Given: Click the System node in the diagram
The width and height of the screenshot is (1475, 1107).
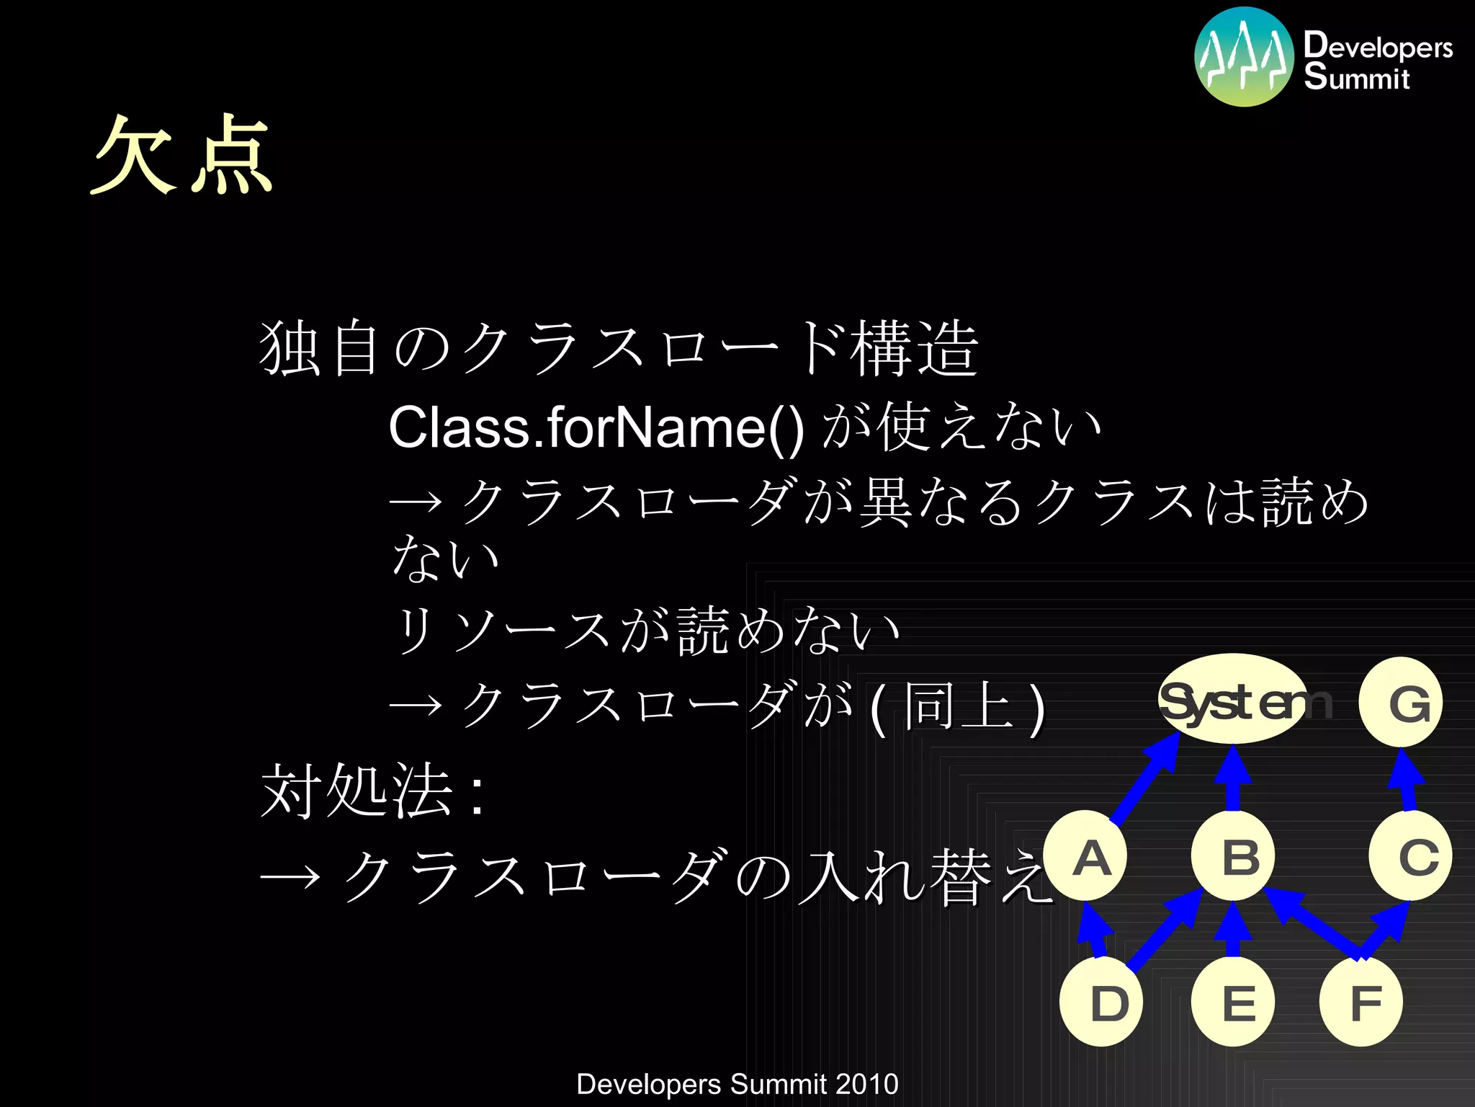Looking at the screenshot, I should (1233, 699).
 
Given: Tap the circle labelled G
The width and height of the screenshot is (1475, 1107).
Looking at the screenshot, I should (1401, 702).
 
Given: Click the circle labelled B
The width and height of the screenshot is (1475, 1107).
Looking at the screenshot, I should (1233, 856).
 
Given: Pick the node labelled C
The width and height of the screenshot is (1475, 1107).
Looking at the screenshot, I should (1410, 856).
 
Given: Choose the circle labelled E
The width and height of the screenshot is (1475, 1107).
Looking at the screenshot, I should (1233, 1002).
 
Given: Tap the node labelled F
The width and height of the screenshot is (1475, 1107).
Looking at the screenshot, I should (1361, 1002).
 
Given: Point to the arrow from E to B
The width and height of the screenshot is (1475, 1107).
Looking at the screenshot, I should (1233, 930).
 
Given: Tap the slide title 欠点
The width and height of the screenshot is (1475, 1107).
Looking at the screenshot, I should (181, 155).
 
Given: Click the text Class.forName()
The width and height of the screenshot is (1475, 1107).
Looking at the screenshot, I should (596, 427).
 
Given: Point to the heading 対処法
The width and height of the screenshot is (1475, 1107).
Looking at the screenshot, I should (357, 791).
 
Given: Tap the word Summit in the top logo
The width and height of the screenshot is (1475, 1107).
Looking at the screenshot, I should (1356, 77).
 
